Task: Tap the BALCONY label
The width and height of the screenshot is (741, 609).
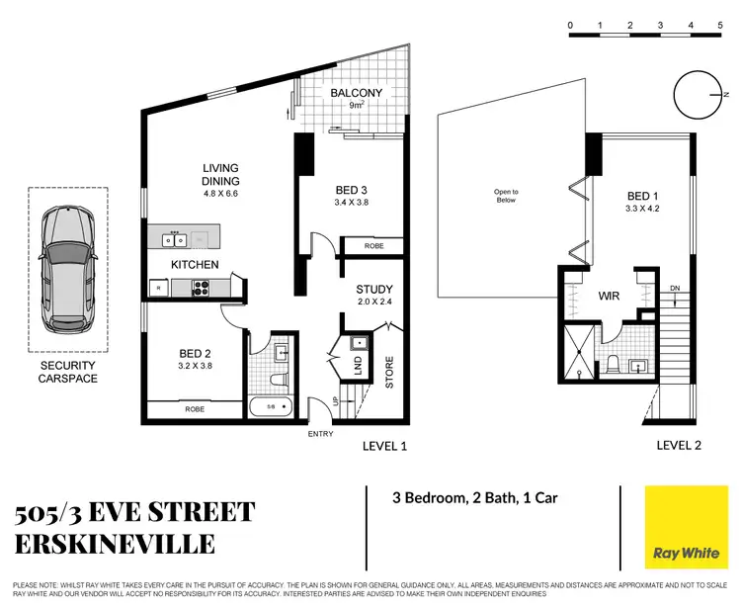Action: tap(356, 94)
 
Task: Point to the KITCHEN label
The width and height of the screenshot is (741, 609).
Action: tap(195, 265)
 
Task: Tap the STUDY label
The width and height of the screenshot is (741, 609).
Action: tap(374, 290)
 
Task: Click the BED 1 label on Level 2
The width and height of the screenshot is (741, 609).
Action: tap(642, 196)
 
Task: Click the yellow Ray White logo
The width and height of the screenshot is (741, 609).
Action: tap(681, 526)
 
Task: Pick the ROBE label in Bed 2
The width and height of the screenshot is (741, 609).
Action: tap(194, 407)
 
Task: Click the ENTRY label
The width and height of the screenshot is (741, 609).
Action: tap(321, 434)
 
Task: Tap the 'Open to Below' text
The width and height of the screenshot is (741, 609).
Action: tap(506, 196)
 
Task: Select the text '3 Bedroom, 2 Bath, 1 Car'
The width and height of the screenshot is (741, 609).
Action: tap(473, 497)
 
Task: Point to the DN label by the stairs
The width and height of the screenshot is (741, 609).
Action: tap(675, 288)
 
